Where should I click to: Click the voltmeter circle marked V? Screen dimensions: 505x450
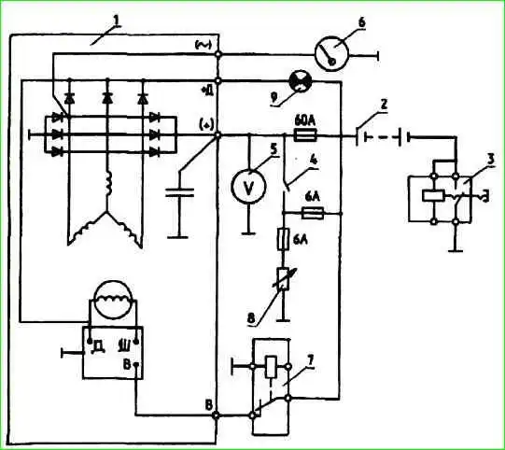click(248, 186)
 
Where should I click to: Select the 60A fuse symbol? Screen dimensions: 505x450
click(305, 135)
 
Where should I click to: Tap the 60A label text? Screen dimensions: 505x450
click(305, 121)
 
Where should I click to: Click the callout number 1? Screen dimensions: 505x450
click(116, 21)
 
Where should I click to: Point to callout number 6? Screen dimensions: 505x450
click(361, 22)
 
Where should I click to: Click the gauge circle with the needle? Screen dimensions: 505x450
click(331, 53)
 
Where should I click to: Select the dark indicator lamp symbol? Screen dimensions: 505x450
click(301, 81)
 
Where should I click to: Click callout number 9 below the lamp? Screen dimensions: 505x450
click(274, 98)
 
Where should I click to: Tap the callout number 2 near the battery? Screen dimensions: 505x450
click(384, 105)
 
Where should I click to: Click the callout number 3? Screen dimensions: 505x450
click(490, 161)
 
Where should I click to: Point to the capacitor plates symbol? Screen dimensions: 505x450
click(179, 192)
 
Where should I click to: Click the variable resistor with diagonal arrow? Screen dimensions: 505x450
click(284, 278)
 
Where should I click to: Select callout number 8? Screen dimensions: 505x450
click(251, 318)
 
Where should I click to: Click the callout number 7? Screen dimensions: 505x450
click(310, 360)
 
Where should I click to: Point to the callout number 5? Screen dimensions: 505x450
click(274, 148)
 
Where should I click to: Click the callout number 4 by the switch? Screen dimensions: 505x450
click(313, 160)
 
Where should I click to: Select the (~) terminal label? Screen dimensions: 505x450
click(203, 45)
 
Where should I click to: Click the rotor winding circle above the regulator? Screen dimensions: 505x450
click(113, 300)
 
